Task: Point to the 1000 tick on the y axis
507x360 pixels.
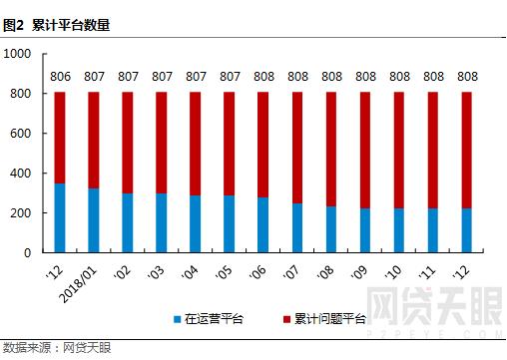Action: pos(18,54)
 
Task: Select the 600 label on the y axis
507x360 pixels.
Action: pos(21,134)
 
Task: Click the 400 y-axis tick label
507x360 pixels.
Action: pos(21,174)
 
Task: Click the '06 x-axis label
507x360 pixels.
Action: pos(260,271)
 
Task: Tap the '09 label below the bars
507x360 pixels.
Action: pos(362,271)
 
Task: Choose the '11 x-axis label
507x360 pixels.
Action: pos(430,271)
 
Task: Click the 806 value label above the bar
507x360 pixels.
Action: pos(60,76)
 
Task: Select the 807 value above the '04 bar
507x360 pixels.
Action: pos(196,76)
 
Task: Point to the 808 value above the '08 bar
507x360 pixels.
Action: pos(331,76)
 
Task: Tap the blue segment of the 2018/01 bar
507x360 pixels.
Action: pos(94,220)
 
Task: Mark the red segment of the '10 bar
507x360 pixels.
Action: pos(399,150)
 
